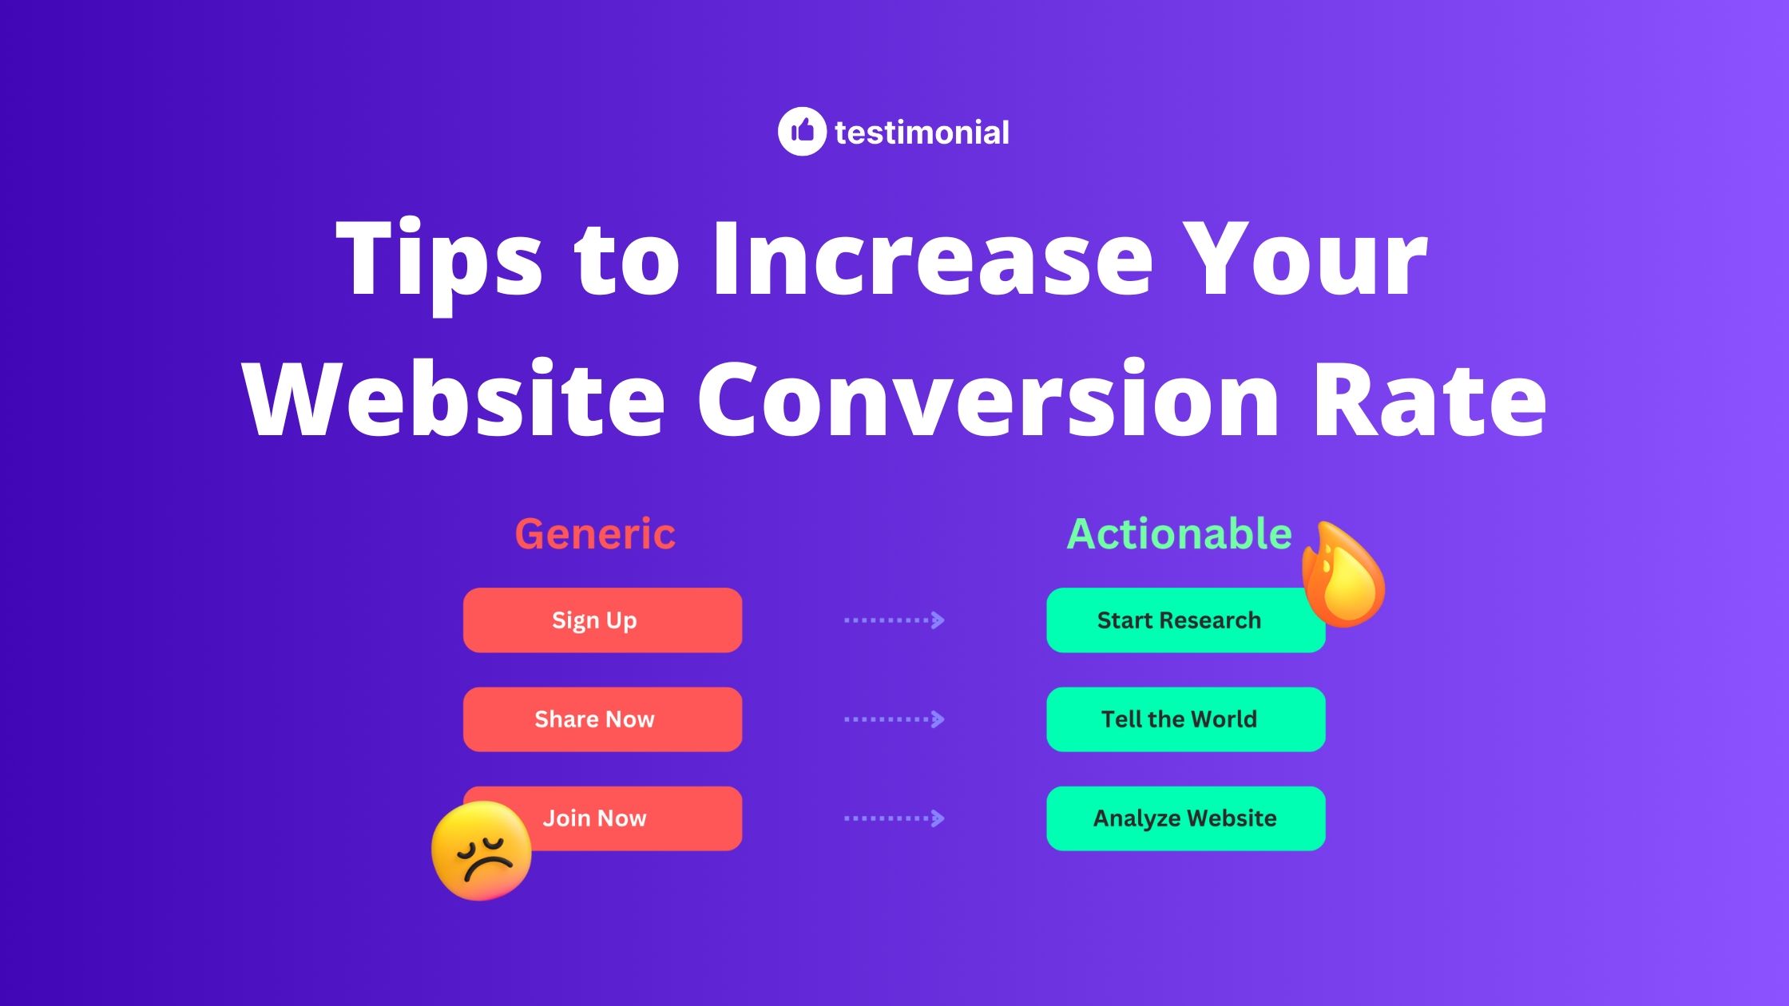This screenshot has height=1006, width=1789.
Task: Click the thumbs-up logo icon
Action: click(802, 131)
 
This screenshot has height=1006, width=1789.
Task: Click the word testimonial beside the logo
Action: click(922, 133)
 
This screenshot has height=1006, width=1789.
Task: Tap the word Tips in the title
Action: click(439, 259)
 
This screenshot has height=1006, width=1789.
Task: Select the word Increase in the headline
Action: click(931, 259)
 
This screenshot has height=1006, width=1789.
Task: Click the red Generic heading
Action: click(595, 533)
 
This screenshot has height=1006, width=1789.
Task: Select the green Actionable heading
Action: click(1179, 533)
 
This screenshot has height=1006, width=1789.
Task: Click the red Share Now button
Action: click(602, 719)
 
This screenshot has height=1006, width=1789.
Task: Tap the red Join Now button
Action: click(623, 818)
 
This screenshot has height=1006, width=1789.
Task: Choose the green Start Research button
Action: click(1179, 620)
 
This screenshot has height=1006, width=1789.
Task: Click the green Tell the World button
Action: click(1185, 719)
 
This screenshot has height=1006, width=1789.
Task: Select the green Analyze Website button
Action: click(1185, 818)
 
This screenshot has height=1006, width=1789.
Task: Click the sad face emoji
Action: click(481, 851)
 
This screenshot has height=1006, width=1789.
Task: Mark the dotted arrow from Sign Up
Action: click(894, 620)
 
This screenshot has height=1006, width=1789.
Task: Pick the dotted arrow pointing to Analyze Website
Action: click(894, 818)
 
